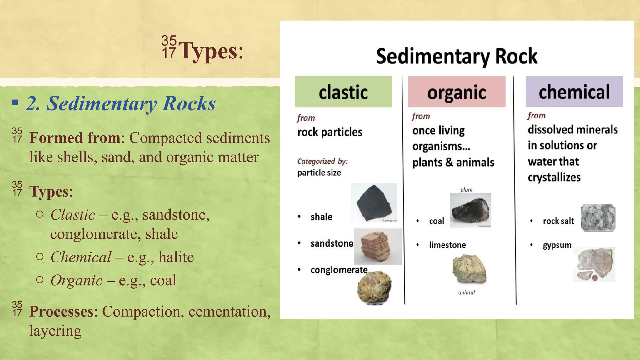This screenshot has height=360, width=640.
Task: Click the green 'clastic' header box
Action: pos(343,92)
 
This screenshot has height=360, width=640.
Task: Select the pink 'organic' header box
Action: pos(457,92)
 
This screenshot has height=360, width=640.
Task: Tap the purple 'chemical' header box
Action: pos(574,91)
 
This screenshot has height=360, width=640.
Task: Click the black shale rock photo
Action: pos(374,203)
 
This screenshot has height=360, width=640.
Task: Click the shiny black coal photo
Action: pos(470,210)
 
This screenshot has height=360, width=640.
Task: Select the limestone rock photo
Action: pos(469,268)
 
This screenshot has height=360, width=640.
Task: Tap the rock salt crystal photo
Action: pos(598,218)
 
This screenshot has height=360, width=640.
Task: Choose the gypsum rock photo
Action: pos(594,264)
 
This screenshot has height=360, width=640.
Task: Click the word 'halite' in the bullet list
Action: pos(176,257)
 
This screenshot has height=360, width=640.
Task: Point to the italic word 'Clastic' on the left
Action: pos(73,215)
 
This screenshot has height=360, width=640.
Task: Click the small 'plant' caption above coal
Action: pos(466,190)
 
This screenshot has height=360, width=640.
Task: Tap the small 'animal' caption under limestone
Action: pos(466,292)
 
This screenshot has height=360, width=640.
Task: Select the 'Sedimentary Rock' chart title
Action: pos(457,56)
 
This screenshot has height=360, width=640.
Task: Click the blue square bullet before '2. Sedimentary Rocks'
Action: pos(15,102)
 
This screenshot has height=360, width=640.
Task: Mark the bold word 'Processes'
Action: pos(61,311)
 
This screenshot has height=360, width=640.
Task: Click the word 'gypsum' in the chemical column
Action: pos(557,245)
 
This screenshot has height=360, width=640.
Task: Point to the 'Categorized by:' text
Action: pos(322,161)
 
